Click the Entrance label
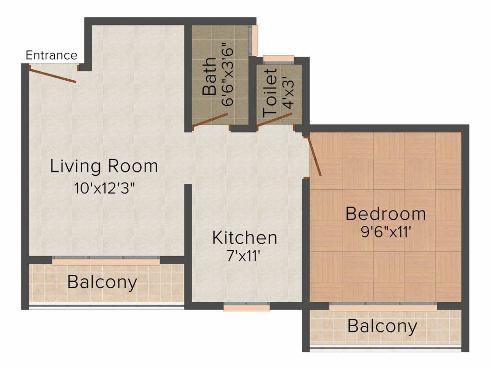51,55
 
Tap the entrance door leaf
52,74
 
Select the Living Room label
104,166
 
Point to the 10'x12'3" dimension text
104,187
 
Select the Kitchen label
245,237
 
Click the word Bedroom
385,213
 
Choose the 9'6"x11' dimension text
385,232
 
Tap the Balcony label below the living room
102,282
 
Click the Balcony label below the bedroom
382,327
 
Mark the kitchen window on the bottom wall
246,307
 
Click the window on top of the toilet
279,59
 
